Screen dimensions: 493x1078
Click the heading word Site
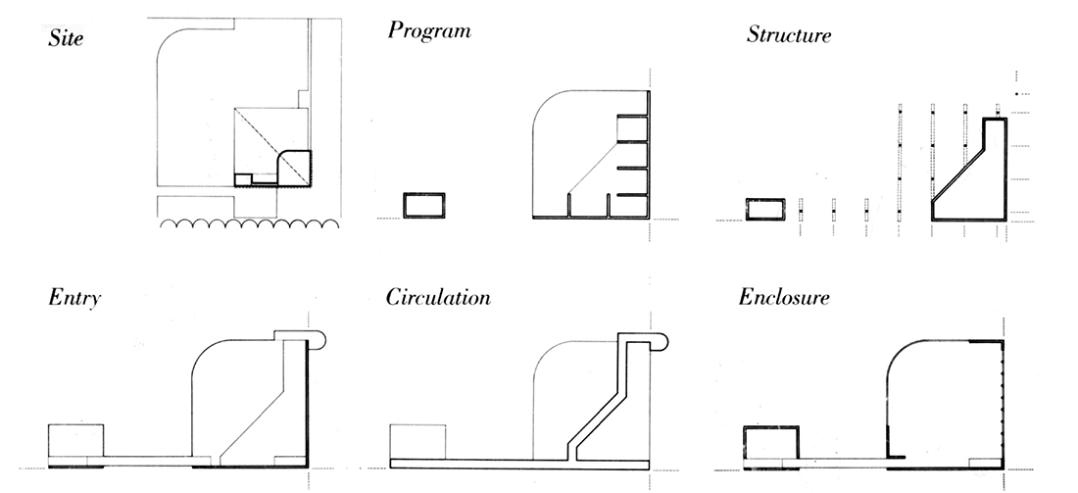(65, 41)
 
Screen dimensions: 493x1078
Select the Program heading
(429, 30)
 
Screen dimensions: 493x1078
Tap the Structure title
(789, 35)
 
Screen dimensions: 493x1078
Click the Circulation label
(438, 296)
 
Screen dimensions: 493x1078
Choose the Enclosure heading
(784, 296)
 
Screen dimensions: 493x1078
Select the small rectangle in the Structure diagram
(766, 209)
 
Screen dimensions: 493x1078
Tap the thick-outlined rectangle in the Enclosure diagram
(772, 443)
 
